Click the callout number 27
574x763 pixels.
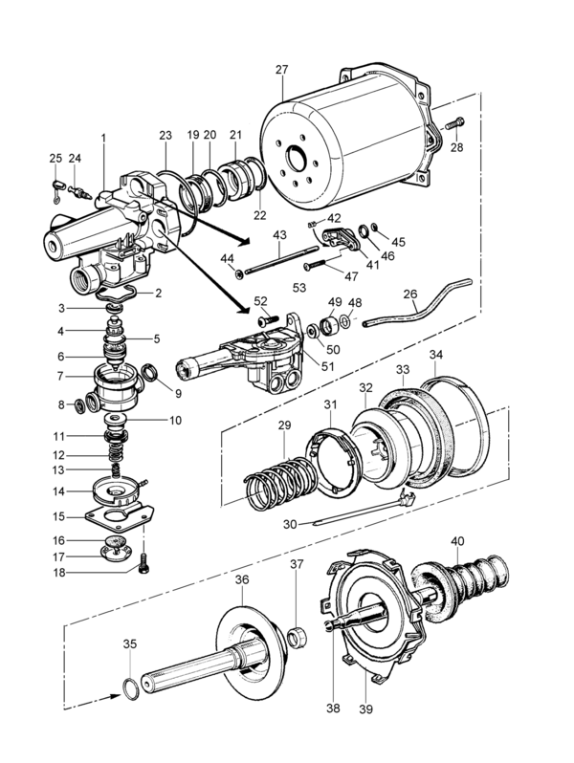(x=282, y=70)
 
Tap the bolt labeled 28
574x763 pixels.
(x=453, y=123)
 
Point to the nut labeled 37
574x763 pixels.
(x=296, y=638)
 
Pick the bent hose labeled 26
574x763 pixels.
(x=419, y=304)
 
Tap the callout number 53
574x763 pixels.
(x=298, y=288)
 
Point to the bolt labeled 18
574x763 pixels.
(x=144, y=563)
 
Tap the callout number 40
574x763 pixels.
(x=457, y=540)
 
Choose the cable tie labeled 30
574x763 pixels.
(x=363, y=510)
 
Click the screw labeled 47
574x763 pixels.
(x=320, y=264)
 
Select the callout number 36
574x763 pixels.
(x=242, y=579)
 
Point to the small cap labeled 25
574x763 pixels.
(x=58, y=185)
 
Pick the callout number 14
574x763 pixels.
(x=58, y=491)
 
